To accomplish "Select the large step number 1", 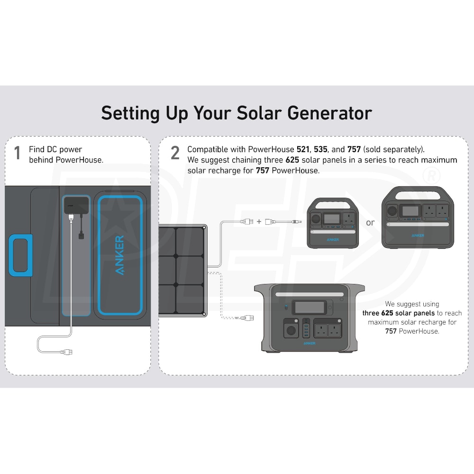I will tap(18, 153).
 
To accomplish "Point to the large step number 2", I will tap(175, 153).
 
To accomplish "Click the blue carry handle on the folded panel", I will tap(20, 255).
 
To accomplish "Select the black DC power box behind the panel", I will tap(76, 206).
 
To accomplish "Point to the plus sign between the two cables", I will tap(259, 221).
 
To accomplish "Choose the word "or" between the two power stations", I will tap(370, 222).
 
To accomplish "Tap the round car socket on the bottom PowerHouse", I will tap(291, 330).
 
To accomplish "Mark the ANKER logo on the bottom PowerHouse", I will tap(310, 343).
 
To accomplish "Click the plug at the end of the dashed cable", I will tap(247, 318).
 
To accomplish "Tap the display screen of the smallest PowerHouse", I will tap(332, 219).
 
